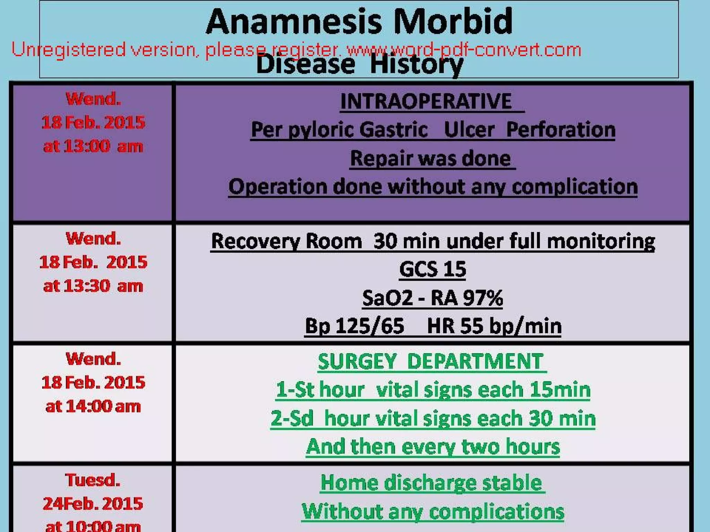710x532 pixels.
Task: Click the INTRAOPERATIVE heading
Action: (426, 101)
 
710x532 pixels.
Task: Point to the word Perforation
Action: (561, 130)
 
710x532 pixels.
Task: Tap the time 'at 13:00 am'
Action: (93, 146)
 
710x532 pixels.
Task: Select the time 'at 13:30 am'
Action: (93, 286)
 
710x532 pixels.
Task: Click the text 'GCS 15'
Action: (432, 269)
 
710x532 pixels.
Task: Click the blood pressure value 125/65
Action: (370, 326)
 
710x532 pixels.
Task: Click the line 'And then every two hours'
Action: (433, 446)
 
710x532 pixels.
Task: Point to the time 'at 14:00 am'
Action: (93, 406)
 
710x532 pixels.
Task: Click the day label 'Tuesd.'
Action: (93, 480)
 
